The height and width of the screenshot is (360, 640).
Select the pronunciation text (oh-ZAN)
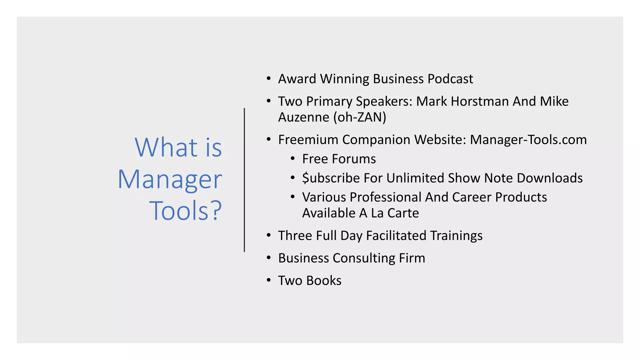tap(360, 117)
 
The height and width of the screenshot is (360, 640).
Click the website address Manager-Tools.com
tap(528, 140)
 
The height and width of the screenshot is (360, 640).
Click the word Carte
tap(403, 213)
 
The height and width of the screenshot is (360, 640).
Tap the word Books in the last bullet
tap(324, 281)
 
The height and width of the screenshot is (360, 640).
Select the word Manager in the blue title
tap(170, 179)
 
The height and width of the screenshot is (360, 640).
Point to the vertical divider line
tap(244, 180)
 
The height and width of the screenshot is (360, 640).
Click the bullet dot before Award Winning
tap(268, 78)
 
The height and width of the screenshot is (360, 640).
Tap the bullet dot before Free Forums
tap(292, 159)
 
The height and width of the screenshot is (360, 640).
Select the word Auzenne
tap(303, 117)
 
